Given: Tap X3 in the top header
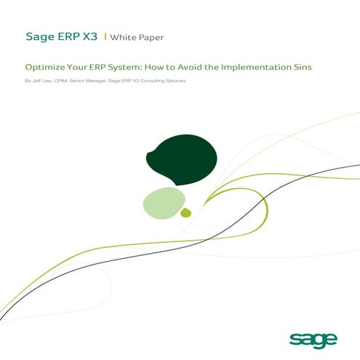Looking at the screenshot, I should [x=89, y=34].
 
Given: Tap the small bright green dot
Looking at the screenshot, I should [x=185, y=212].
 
